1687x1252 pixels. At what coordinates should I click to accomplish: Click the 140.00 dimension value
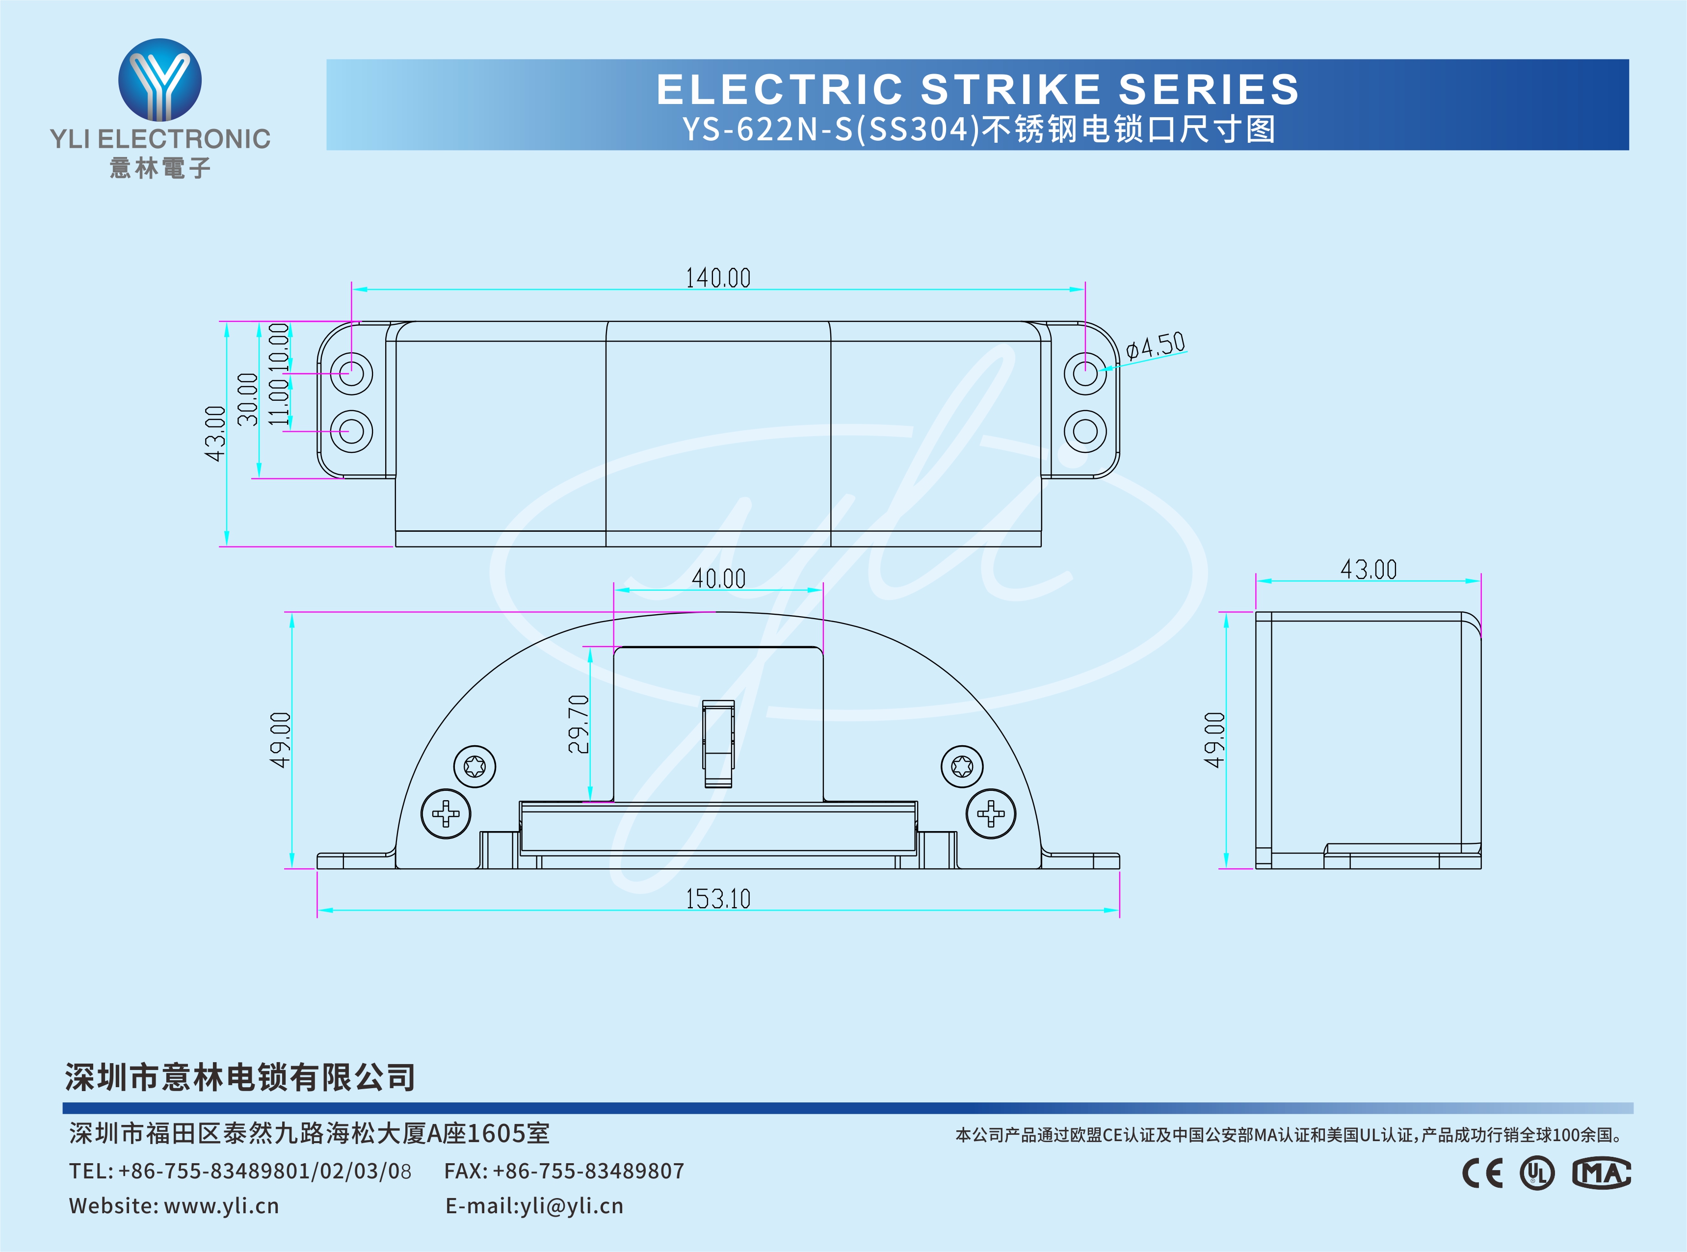point(718,278)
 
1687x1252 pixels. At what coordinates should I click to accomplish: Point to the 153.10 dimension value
point(718,899)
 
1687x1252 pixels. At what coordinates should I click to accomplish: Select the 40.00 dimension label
point(718,579)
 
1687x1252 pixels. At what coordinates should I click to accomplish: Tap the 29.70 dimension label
point(578,724)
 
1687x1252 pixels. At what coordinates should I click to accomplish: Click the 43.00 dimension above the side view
point(1368,569)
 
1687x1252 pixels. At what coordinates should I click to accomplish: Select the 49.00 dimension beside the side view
point(1214,740)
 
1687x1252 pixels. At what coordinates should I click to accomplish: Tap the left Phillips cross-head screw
point(446,814)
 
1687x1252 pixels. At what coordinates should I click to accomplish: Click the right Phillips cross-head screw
point(991,814)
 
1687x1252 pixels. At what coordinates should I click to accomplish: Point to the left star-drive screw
point(474,766)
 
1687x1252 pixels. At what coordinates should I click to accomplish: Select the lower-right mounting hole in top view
point(1085,431)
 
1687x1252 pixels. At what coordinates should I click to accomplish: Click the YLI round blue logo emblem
point(160,79)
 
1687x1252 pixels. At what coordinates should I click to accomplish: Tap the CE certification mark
point(1482,1173)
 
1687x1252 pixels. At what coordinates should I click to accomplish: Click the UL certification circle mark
point(1537,1173)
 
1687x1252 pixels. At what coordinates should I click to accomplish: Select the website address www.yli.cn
point(221,1206)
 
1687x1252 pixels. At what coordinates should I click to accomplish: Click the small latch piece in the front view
point(718,743)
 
